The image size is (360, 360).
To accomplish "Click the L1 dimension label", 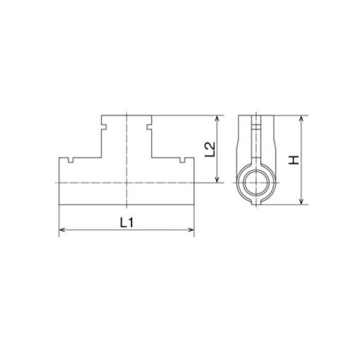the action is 127,223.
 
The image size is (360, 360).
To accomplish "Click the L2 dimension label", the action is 210,150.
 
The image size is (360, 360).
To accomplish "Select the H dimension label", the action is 294,160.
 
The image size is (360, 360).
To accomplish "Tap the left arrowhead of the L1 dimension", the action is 62,229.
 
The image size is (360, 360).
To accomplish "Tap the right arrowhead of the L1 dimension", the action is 191,229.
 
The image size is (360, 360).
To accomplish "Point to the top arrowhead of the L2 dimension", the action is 217,119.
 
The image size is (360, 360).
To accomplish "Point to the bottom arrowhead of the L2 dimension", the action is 217,179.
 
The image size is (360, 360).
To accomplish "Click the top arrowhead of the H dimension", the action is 301,119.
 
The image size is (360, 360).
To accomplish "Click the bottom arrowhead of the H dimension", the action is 301,201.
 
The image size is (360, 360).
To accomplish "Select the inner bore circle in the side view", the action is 256,171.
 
